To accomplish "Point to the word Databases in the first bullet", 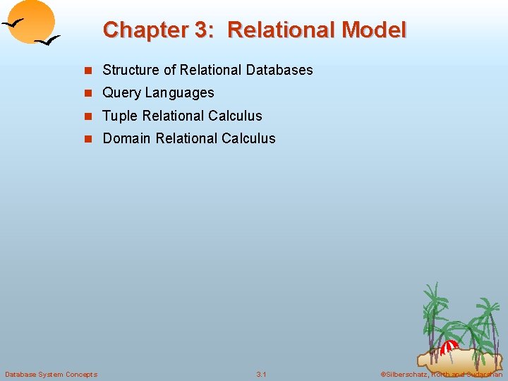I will point(279,70).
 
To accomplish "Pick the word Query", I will point(121,93).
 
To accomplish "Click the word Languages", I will point(181,93).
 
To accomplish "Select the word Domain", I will point(127,138).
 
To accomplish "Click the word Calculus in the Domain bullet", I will point(248,138).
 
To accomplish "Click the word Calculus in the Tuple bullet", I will point(235,116).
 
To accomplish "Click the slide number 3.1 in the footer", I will point(261,374).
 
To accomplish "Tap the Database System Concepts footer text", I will point(51,374).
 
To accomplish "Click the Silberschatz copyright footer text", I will point(441,374).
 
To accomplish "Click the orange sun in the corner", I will point(32,20).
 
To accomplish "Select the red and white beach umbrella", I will point(449,346).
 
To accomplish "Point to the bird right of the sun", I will point(48,41).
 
